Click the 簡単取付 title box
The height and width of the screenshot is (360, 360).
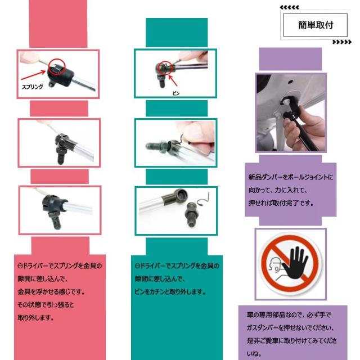point(316,25)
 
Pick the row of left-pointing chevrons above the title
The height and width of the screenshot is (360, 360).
point(290,7)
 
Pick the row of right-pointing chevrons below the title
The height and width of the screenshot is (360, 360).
point(341,42)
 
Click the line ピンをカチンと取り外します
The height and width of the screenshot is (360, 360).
point(170,292)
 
